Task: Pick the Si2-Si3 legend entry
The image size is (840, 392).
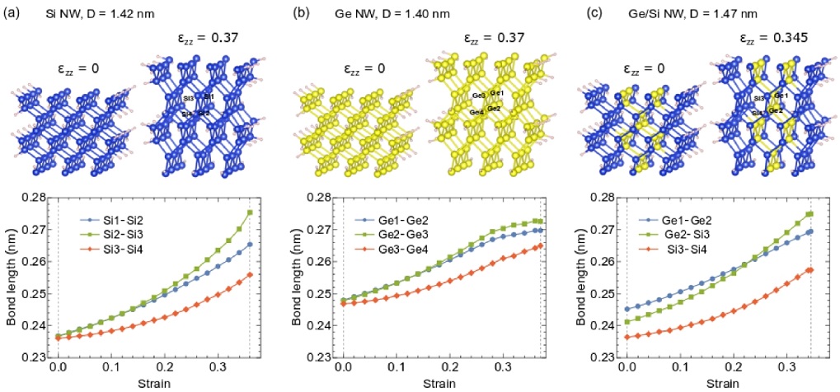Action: pos(113,236)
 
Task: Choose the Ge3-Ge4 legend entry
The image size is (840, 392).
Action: pos(399,251)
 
